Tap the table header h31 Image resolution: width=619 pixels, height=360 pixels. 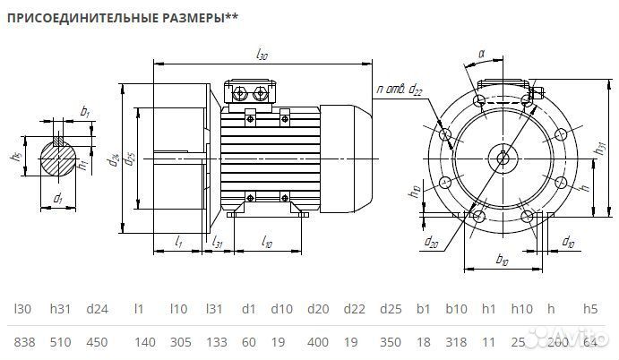(62, 309)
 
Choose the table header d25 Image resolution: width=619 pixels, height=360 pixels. (389, 309)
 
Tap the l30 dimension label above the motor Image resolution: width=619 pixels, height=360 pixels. (262, 56)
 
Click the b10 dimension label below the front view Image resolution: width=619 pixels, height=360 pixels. (502, 260)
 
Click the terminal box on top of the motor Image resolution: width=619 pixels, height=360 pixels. (252, 92)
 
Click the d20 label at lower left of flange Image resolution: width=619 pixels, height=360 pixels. (432, 242)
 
